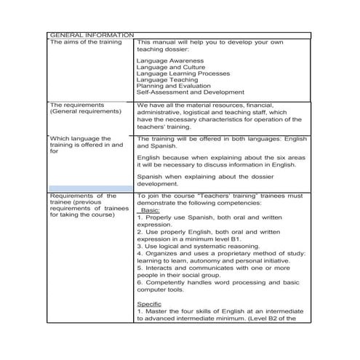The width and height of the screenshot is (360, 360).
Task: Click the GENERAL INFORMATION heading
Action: click(x=91, y=35)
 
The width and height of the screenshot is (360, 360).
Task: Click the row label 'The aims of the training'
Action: click(x=85, y=42)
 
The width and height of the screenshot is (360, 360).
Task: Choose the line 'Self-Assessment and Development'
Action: click(x=190, y=92)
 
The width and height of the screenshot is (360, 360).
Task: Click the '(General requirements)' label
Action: click(x=85, y=112)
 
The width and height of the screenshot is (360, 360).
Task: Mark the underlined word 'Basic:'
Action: click(x=153, y=210)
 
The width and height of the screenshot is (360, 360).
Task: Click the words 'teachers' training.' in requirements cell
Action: click(x=167, y=126)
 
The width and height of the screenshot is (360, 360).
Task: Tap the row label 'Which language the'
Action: click(x=80, y=138)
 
